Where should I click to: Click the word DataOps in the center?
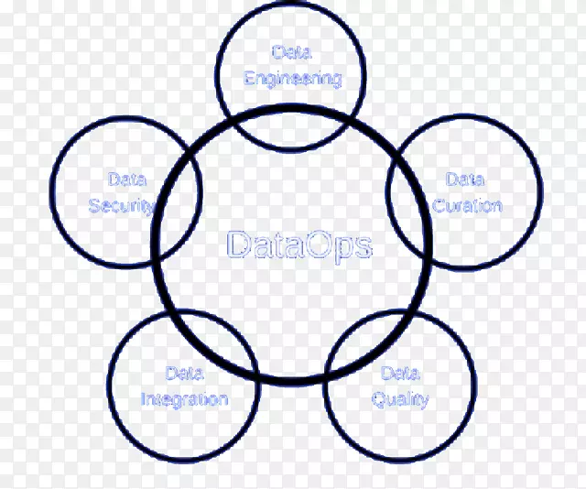tap(298, 245)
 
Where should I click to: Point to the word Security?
tap(120, 205)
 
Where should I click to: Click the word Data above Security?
tap(125, 179)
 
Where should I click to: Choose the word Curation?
tap(467, 205)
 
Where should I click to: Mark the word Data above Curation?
tap(465, 179)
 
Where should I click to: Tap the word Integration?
tap(184, 399)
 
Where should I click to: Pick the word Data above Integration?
tap(184, 373)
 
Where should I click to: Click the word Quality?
tap(400, 399)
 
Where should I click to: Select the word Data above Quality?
tap(400, 373)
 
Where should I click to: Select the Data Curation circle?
tap(494, 229)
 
